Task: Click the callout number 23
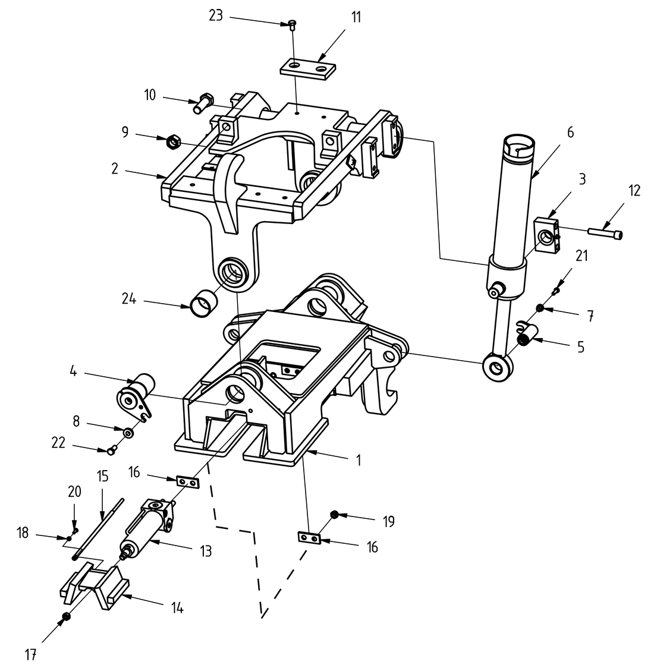215,15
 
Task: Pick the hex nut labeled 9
173,141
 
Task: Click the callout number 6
570,132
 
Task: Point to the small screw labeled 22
111,450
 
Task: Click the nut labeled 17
67,618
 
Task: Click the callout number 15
102,477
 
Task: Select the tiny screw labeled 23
291,24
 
